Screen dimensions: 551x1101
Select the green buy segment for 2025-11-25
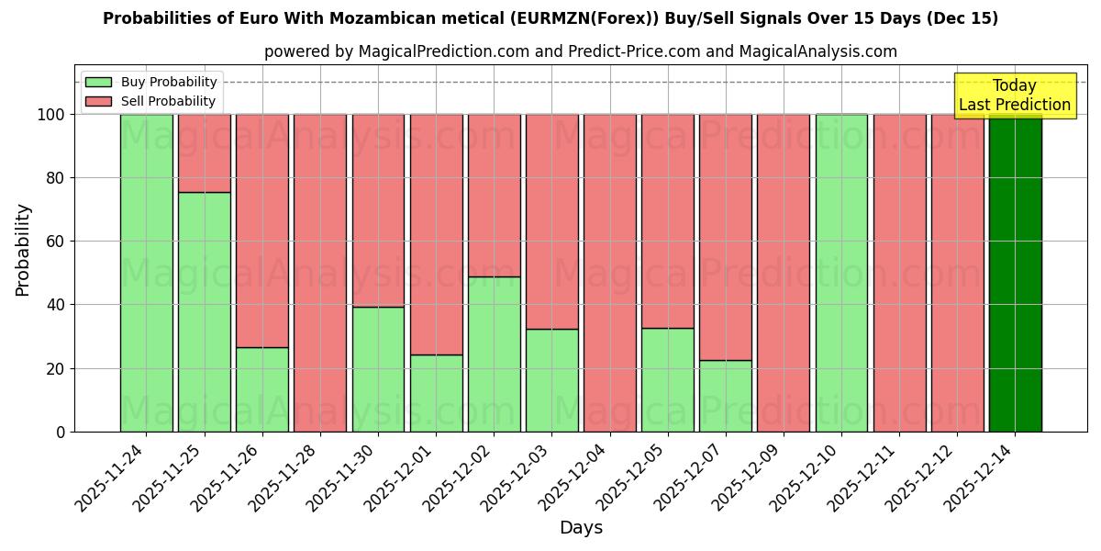point(204,312)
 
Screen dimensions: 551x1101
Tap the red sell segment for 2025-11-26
point(261,231)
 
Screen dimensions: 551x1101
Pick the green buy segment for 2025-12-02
point(494,354)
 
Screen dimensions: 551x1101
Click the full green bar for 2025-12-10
point(841,273)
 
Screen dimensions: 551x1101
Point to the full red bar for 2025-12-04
point(609,273)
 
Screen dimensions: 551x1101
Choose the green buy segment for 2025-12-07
point(725,396)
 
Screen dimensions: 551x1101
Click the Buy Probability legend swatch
point(98,83)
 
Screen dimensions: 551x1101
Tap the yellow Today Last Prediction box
point(1014,96)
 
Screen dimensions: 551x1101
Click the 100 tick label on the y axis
point(50,115)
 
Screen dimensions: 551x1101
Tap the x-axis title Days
point(581,528)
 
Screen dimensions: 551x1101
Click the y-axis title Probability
point(23,250)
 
